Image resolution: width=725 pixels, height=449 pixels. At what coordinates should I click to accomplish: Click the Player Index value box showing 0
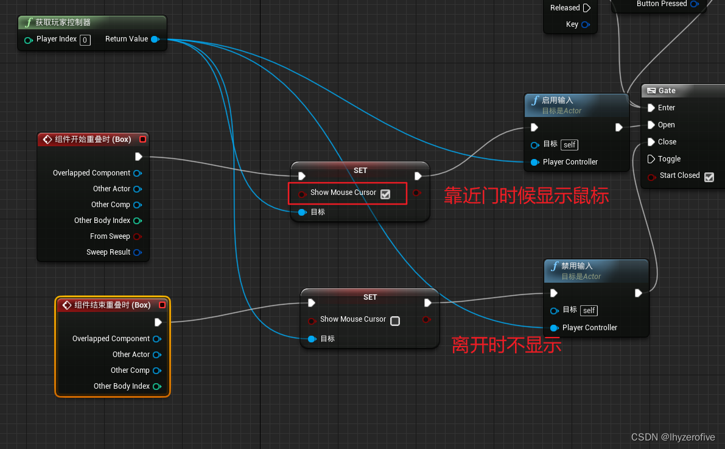(85, 40)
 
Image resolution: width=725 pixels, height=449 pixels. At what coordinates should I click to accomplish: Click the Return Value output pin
(155, 40)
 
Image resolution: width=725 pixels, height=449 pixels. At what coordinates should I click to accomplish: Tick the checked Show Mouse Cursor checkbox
(385, 194)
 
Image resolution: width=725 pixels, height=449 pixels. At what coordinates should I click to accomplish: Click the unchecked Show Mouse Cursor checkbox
(395, 321)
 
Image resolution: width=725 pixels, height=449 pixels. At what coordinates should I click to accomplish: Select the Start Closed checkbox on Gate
(709, 177)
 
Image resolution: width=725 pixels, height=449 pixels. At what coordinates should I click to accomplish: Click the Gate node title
(667, 91)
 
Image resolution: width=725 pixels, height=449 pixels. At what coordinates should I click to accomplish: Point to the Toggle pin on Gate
(651, 159)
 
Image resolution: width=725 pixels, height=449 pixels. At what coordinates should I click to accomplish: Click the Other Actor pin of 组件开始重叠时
(138, 189)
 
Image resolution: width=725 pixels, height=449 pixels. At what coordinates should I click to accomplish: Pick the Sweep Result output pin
(138, 253)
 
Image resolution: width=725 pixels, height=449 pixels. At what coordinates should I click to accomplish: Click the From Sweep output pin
(138, 237)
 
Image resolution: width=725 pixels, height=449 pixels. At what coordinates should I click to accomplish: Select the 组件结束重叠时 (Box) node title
(113, 305)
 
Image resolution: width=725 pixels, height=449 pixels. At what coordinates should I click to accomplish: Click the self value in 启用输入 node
(570, 145)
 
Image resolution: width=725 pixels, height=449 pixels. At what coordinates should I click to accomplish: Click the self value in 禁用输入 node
(589, 311)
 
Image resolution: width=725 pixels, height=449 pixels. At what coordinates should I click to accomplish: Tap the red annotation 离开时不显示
(506, 345)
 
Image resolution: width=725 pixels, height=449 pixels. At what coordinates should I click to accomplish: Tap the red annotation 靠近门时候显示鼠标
(527, 196)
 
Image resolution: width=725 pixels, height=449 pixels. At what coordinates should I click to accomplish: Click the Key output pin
(586, 25)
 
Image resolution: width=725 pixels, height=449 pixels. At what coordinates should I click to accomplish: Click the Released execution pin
(587, 8)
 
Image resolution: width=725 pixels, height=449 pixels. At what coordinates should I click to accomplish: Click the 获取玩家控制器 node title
(63, 23)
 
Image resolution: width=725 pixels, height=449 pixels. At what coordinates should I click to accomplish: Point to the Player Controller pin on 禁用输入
(554, 328)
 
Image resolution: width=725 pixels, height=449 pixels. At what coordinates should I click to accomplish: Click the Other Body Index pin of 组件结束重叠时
(157, 386)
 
